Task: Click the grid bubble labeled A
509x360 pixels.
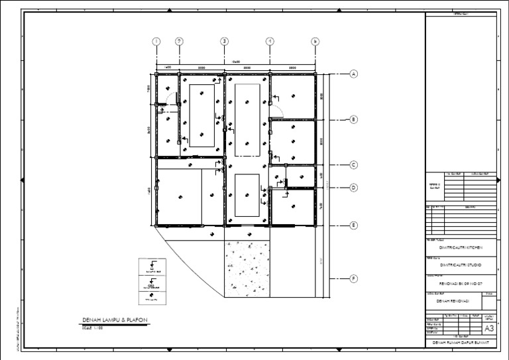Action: tap(354, 74)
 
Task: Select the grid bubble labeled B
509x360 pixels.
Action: tap(354, 120)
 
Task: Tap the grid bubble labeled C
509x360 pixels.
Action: tap(354, 165)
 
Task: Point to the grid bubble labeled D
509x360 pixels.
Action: tap(354, 188)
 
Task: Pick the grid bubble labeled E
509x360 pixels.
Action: tap(354, 225)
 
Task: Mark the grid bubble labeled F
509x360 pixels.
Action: tap(354, 278)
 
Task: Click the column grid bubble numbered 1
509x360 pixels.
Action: tap(156, 41)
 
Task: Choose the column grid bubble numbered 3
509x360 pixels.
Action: tap(225, 41)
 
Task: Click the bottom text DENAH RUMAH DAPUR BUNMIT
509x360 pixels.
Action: tap(460, 343)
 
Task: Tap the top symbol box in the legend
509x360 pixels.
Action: tap(152, 267)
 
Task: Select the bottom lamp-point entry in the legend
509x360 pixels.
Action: tap(152, 299)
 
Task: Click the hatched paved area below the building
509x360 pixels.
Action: tap(247, 269)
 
